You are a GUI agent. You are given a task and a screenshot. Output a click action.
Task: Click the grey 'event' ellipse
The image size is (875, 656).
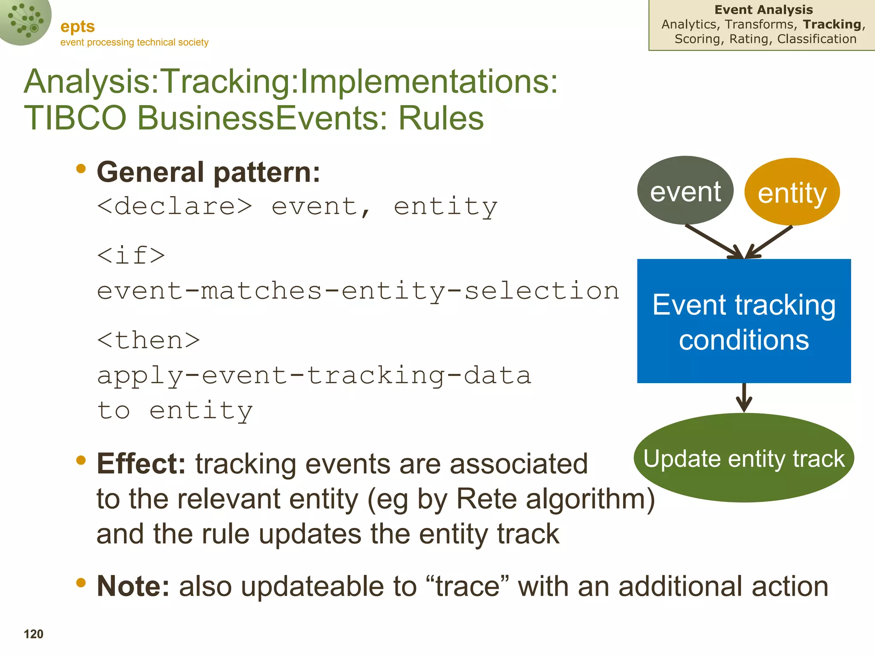(685, 190)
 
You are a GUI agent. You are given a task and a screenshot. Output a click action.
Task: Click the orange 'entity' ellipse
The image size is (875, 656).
(792, 192)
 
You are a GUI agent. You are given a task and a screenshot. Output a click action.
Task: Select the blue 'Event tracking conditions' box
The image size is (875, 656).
(744, 321)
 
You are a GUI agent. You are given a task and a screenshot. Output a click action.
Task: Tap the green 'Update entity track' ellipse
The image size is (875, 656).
(744, 458)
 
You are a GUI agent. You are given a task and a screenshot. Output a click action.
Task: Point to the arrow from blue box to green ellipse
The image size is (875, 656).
(744, 398)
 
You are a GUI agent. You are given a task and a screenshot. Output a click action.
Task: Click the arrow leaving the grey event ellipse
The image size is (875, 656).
(714, 242)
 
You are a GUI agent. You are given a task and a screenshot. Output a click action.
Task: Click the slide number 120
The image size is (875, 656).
(33, 634)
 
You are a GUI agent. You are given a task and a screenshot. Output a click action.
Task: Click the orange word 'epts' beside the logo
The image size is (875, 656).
(77, 26)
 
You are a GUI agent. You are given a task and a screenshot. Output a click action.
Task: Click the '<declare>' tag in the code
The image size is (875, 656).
(174, 206)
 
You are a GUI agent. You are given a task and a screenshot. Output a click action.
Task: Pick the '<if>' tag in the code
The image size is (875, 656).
(131, 255)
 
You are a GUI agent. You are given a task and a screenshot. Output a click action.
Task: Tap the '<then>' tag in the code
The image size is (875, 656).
(148, 340)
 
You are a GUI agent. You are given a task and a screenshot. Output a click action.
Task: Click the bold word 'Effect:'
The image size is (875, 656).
(141, 463)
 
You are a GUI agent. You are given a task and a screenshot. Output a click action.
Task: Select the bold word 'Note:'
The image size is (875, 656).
(133, 586)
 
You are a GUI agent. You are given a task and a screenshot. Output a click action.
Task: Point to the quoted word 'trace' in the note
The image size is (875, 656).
(467, 586)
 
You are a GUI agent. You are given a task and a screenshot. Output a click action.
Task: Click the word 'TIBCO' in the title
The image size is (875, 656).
(75, 118)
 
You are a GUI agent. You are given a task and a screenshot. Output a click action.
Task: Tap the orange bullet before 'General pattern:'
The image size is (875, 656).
(81, 169)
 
